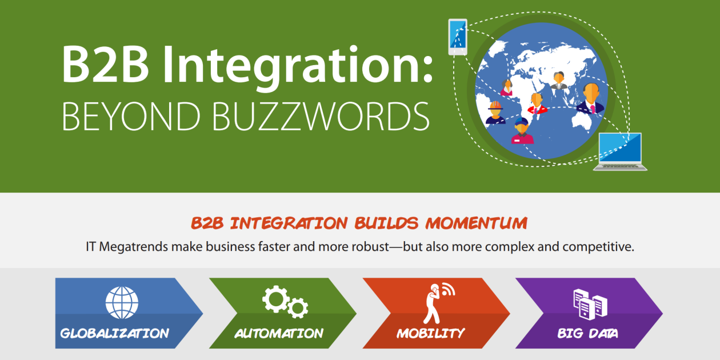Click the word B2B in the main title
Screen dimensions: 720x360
pyautogui.click(x=105, y=64)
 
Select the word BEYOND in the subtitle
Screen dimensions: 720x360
pyautogui.click(x=131, y=117)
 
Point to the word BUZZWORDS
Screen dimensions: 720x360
pyautogui.click(x=321, y=117)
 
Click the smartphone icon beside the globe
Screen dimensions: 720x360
pyautogui.click(x=458, y=37)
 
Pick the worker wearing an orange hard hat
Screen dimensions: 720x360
pyautogui.click(x=495, y=113)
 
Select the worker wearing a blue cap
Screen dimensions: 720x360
pyautogui.click(x=522, y=131)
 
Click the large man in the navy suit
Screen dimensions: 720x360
pyautogui.click(x=591, y=98)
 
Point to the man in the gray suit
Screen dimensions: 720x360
pyautogui.click(x=559, y=81)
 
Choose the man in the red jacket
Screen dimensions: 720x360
pyautogui.click(x=537, y=103)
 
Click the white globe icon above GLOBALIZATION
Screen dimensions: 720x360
pyautogui.click(x=122, y=302)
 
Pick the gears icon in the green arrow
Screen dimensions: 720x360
pyautogui.click(x=285, y=302)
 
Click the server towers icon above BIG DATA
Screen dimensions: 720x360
pyautogui.click(x=590, y=304)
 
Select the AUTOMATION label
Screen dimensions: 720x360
pyautogui.click(x=279, y=333)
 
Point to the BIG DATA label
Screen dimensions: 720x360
pyautogui.click(x=587, y=333)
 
